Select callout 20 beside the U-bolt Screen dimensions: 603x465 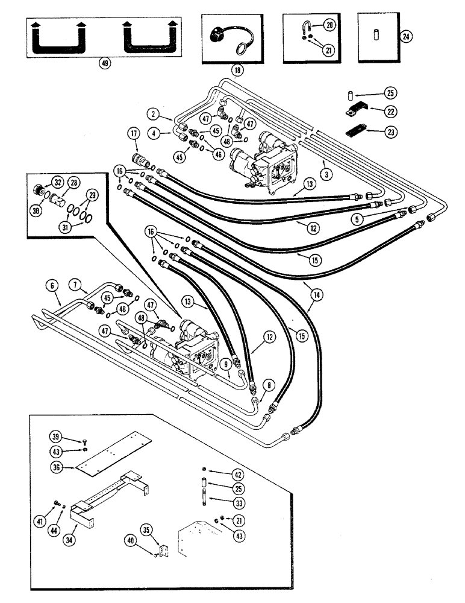[329, 25]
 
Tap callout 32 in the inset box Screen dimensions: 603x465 [58, 182]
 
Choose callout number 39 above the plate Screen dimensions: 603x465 [55, 436]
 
